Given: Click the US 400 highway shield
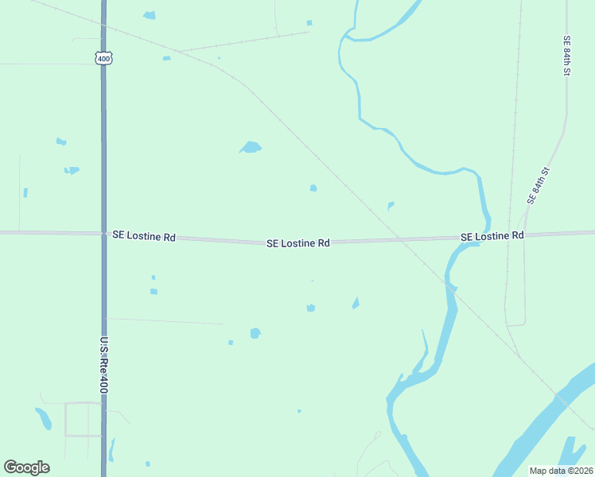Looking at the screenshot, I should pyautogui.click(x=103, y=58).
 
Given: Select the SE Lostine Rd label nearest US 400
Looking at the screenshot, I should pyautogui.click(x=143, y=237).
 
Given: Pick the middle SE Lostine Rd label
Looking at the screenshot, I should pyautogui.click(x=297, y=243).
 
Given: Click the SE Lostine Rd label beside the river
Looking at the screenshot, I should pyautogui.click(x=492, y=236).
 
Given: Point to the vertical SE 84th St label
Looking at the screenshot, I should pyautogui.click(x=567, y=56).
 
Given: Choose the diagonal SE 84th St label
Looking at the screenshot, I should pyautogui.click(x=539, y=185).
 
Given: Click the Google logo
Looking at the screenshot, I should pyautogui.click(x=26, y=467).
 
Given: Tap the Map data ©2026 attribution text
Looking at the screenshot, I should pyautogui.click(x=562, y=471).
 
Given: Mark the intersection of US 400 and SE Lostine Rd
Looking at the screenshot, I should pyautogui.click(x=103, y=234).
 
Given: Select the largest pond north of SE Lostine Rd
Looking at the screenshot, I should pyautogui.click(x=251, y=147).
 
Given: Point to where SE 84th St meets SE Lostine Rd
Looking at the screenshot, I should pyautogui.click(x=526, y=235).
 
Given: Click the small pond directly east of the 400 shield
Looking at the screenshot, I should pyautogui.click(x=166, y=58).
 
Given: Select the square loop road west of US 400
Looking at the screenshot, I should pyautogui.click(x=83, y=419).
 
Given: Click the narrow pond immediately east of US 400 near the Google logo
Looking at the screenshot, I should pyautogui.click(x=112, y=449).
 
